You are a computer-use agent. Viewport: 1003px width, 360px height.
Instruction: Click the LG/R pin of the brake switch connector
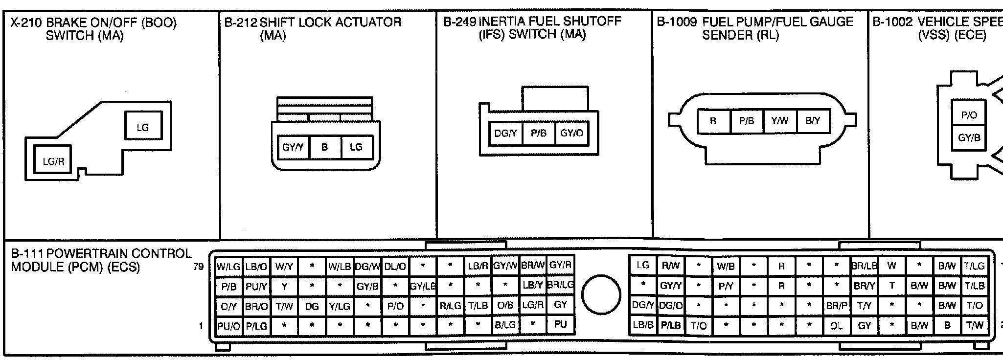[x=53, y=161]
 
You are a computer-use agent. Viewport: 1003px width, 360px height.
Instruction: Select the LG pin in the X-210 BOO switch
[x=142, y=127]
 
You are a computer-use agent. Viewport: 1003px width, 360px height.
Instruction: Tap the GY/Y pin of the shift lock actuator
[x=293, y=147]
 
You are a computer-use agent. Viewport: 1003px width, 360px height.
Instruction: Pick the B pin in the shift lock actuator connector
[x=324, y=147]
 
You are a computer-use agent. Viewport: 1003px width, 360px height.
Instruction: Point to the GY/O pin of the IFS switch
[x=571, y=133]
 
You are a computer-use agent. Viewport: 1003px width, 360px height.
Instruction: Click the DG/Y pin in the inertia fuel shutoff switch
[x=505, y=133]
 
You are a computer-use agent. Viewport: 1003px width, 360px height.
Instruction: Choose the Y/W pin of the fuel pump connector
[x=779, y=121]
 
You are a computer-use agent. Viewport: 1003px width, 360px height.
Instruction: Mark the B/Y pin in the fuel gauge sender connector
[x=813, y=121]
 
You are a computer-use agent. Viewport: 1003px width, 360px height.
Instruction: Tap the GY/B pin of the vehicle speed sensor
[x=969, y=137]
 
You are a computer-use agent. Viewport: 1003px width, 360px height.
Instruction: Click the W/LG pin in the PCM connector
[x=228, y=267]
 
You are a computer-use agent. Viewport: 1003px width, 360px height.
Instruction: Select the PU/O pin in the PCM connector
[x=228, y=326]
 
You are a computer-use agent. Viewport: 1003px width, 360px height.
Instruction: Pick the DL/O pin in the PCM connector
[x=395, y=267]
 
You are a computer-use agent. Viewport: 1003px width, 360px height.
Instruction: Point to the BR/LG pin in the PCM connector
[x=560, y=285]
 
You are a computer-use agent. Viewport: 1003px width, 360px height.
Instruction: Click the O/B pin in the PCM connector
[x=505, y=305]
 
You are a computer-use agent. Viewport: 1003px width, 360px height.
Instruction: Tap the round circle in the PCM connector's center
[x=601, y=294]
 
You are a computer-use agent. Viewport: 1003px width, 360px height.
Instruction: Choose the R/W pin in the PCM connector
[x=670, y=266]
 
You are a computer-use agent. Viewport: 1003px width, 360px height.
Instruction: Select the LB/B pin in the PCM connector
[x=642, y=325]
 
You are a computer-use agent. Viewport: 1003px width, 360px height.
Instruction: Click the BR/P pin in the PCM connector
[x=837, y=306]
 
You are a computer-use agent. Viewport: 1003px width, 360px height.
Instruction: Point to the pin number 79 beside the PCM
[x=199, y=267]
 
